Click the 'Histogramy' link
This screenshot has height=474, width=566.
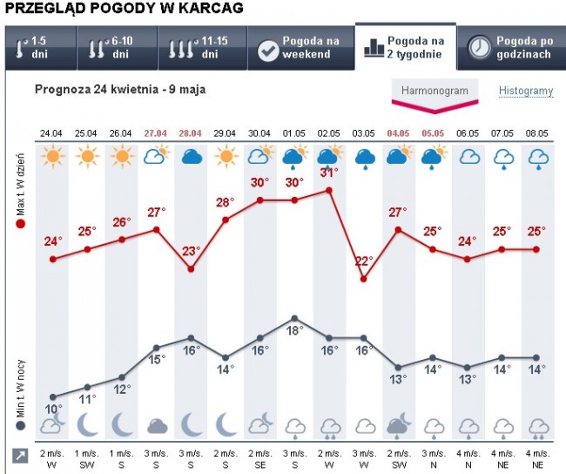(x=525, y=91)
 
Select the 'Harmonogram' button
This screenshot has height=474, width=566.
(x=435, y=91)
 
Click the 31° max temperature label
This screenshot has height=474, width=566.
(x=329, y=173)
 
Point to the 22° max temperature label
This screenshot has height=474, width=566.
(x=364, y=261)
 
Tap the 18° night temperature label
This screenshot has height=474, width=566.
(x=294, y=331)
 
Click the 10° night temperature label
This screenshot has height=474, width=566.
(x=54, y=409)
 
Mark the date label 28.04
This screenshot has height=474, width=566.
(x=191, y=133)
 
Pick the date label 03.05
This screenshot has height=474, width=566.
(x=364, y=133)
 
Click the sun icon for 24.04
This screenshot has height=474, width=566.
(x=52, y=158)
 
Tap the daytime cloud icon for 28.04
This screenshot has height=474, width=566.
(x=191, y=158)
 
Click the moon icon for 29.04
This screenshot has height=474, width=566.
(x=226, y=424)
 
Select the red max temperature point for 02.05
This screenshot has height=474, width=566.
(x=329, y=189)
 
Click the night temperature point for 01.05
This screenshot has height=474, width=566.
(x=294, y=318)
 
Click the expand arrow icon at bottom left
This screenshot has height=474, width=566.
(x=19, y=456)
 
